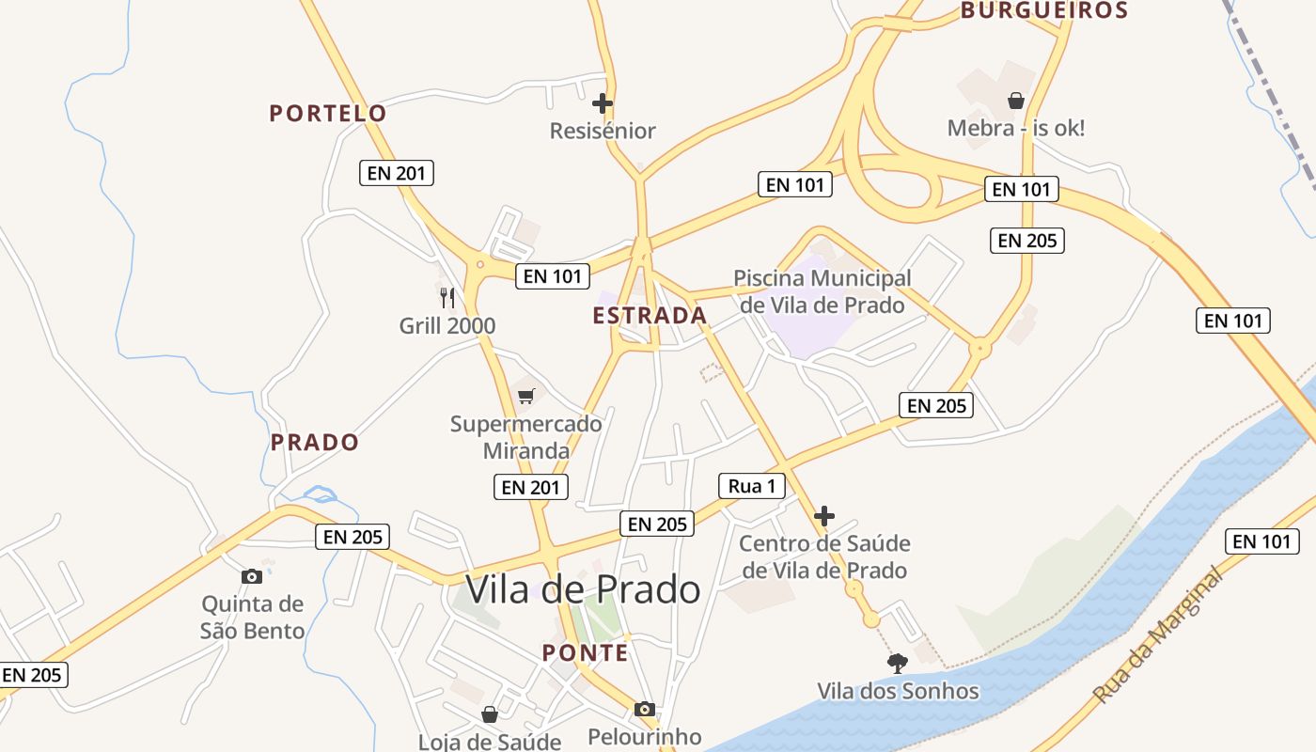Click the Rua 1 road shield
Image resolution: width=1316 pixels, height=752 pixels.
click(751, 486)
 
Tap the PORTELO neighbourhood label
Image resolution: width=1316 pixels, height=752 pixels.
click(328, 114)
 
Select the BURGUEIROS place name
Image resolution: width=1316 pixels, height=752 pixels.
click(1043, 11)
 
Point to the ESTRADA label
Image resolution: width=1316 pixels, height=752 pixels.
click(650, 316)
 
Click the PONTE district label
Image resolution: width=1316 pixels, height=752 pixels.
click(585, 653)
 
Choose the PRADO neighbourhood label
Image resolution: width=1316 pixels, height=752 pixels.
click(315, 443)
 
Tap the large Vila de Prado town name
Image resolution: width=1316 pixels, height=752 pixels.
click(583, 590)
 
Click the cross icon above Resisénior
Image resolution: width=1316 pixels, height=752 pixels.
click(603, 102)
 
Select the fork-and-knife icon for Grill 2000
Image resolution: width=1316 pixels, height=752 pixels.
click(447, 298)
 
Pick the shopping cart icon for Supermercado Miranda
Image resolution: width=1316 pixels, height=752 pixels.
click(526, 396)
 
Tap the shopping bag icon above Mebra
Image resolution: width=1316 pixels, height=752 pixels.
click(1015, 101)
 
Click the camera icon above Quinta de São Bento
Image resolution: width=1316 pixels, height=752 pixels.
click(252, 576)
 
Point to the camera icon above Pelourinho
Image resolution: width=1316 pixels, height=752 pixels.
click(644, 709)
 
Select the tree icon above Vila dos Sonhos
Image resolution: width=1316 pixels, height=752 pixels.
click(898, 664)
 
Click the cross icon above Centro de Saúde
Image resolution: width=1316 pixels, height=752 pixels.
click(824, 516)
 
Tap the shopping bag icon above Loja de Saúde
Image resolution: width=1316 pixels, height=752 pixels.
click(489, 714)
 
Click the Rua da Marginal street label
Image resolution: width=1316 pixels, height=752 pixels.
click(1160, 636)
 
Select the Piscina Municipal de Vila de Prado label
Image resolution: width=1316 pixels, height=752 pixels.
click(822, 291)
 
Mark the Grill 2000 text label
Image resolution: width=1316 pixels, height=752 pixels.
click(447, 326)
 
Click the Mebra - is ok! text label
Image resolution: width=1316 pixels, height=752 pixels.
click(1015, 128)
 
